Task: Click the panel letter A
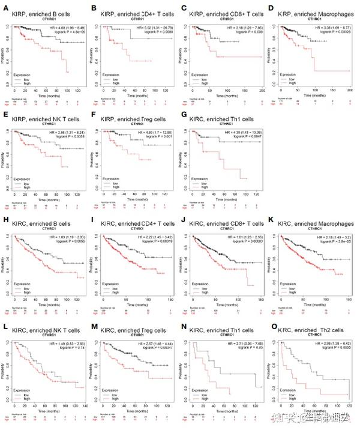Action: (x=5, y=8)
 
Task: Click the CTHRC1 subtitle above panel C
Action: (x=223, y=16)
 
